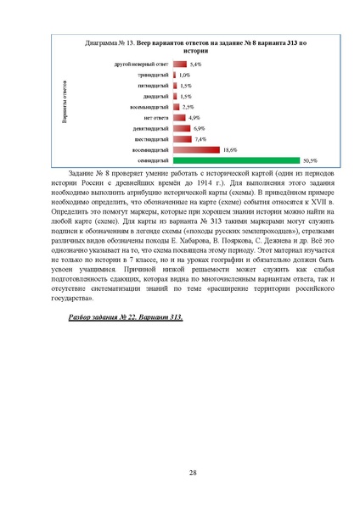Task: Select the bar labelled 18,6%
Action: (195, 148)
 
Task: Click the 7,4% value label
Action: (200, 138)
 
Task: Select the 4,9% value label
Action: (194, 117)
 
